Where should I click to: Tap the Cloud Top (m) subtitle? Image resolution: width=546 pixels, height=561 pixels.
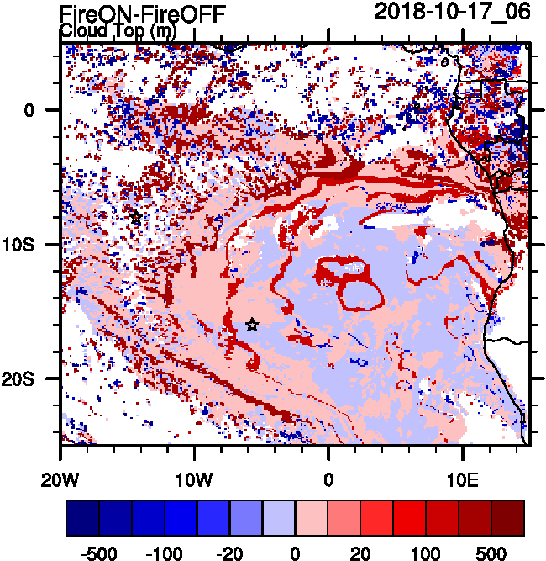117,31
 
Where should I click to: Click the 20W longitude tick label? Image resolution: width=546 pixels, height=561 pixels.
60,480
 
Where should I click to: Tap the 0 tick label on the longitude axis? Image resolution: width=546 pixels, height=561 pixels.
328,480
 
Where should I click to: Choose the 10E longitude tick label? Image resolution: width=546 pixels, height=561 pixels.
462,480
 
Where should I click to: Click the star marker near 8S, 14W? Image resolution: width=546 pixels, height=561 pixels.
136,217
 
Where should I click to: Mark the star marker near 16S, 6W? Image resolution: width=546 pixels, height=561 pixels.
252,325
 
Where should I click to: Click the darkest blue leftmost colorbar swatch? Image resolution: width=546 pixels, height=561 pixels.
82,518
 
